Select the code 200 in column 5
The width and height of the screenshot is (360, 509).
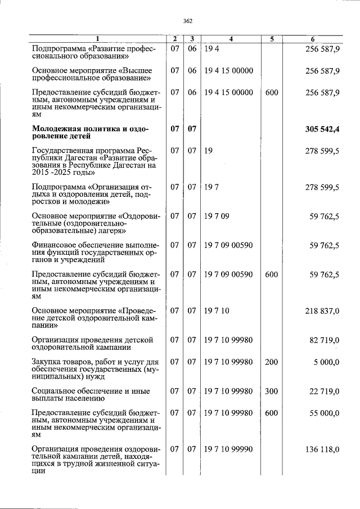pos(271,362)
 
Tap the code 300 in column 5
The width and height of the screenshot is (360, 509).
pos(271,391)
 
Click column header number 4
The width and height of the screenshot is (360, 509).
pos(231,39)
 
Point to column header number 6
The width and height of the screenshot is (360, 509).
pos(313,39)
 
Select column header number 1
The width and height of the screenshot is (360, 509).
pos(97,39)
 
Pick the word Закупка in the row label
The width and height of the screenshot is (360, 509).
pos(47,362)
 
